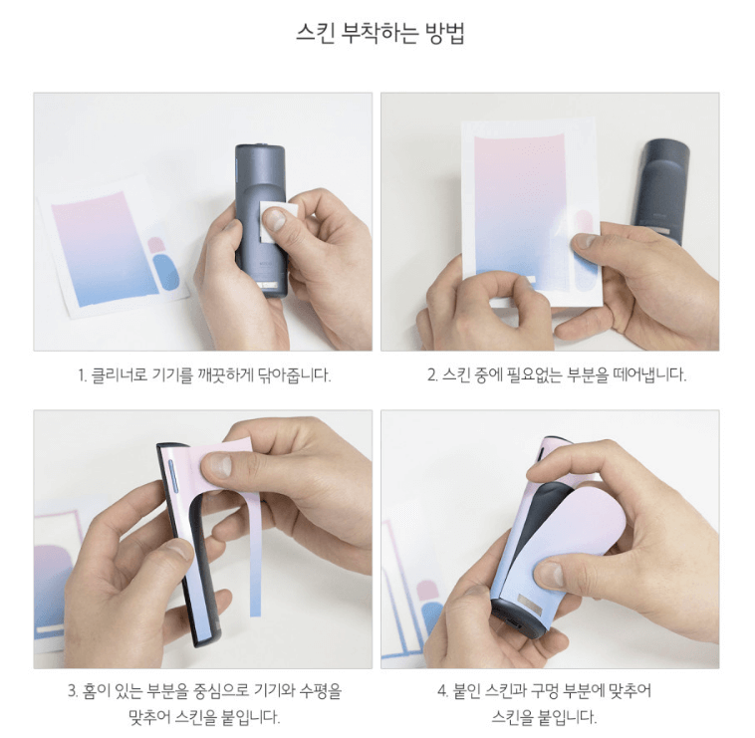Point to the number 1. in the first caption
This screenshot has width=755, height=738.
tap(83, 375)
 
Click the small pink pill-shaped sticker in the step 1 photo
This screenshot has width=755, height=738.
tap(155, 244)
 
